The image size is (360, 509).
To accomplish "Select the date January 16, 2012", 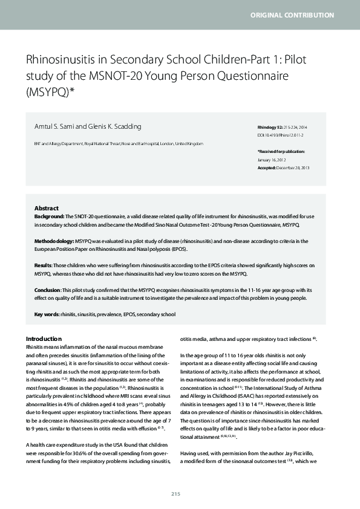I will [274, 160].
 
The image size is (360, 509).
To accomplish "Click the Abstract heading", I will [46, 207].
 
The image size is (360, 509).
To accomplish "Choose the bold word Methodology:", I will [54, 241].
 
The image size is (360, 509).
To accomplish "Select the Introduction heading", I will [44, 339].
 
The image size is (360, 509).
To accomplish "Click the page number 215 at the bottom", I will [176, 494].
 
